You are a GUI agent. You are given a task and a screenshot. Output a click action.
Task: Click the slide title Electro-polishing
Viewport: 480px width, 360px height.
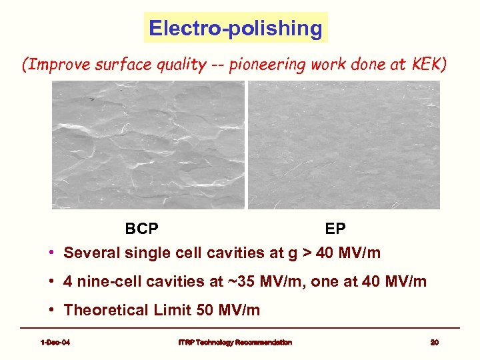pos(236,28)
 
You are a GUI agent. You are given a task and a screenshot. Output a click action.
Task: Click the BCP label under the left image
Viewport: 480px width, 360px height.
pos(141,229)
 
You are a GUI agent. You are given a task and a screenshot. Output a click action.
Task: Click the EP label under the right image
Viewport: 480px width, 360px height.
pos(335,229)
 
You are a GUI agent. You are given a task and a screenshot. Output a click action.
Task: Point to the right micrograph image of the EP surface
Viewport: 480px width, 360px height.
pos(344,145)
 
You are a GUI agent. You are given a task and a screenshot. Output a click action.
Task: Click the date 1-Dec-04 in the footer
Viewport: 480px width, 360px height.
pos(55,343)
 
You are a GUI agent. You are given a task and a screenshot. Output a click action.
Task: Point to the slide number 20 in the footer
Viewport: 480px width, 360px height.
pos(434,343)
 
